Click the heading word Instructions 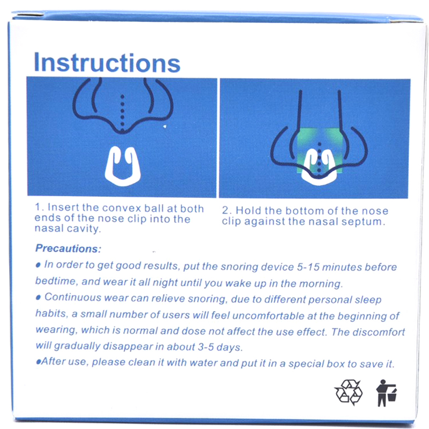pos(107,63)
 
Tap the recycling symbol pos(348,392)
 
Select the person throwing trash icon pos(386,393)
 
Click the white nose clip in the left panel pos(123,166)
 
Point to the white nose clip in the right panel pos(319,167)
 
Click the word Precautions pos(68,248)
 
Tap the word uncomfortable pos(268,316)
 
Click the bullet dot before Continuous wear pos(38,298)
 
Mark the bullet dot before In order pos(38,265)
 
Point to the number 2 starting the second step pos(225,211)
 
